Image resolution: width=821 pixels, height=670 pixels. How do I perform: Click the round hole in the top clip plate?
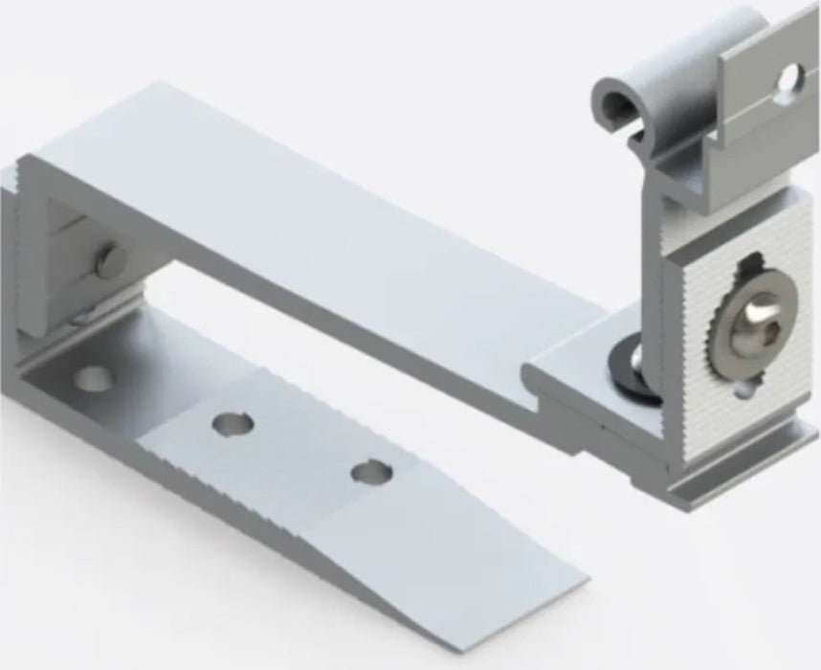coord(789,79)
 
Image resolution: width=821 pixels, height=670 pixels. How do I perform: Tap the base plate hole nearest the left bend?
coord(92,379)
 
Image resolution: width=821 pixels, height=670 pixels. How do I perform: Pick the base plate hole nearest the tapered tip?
coord(370,471)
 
